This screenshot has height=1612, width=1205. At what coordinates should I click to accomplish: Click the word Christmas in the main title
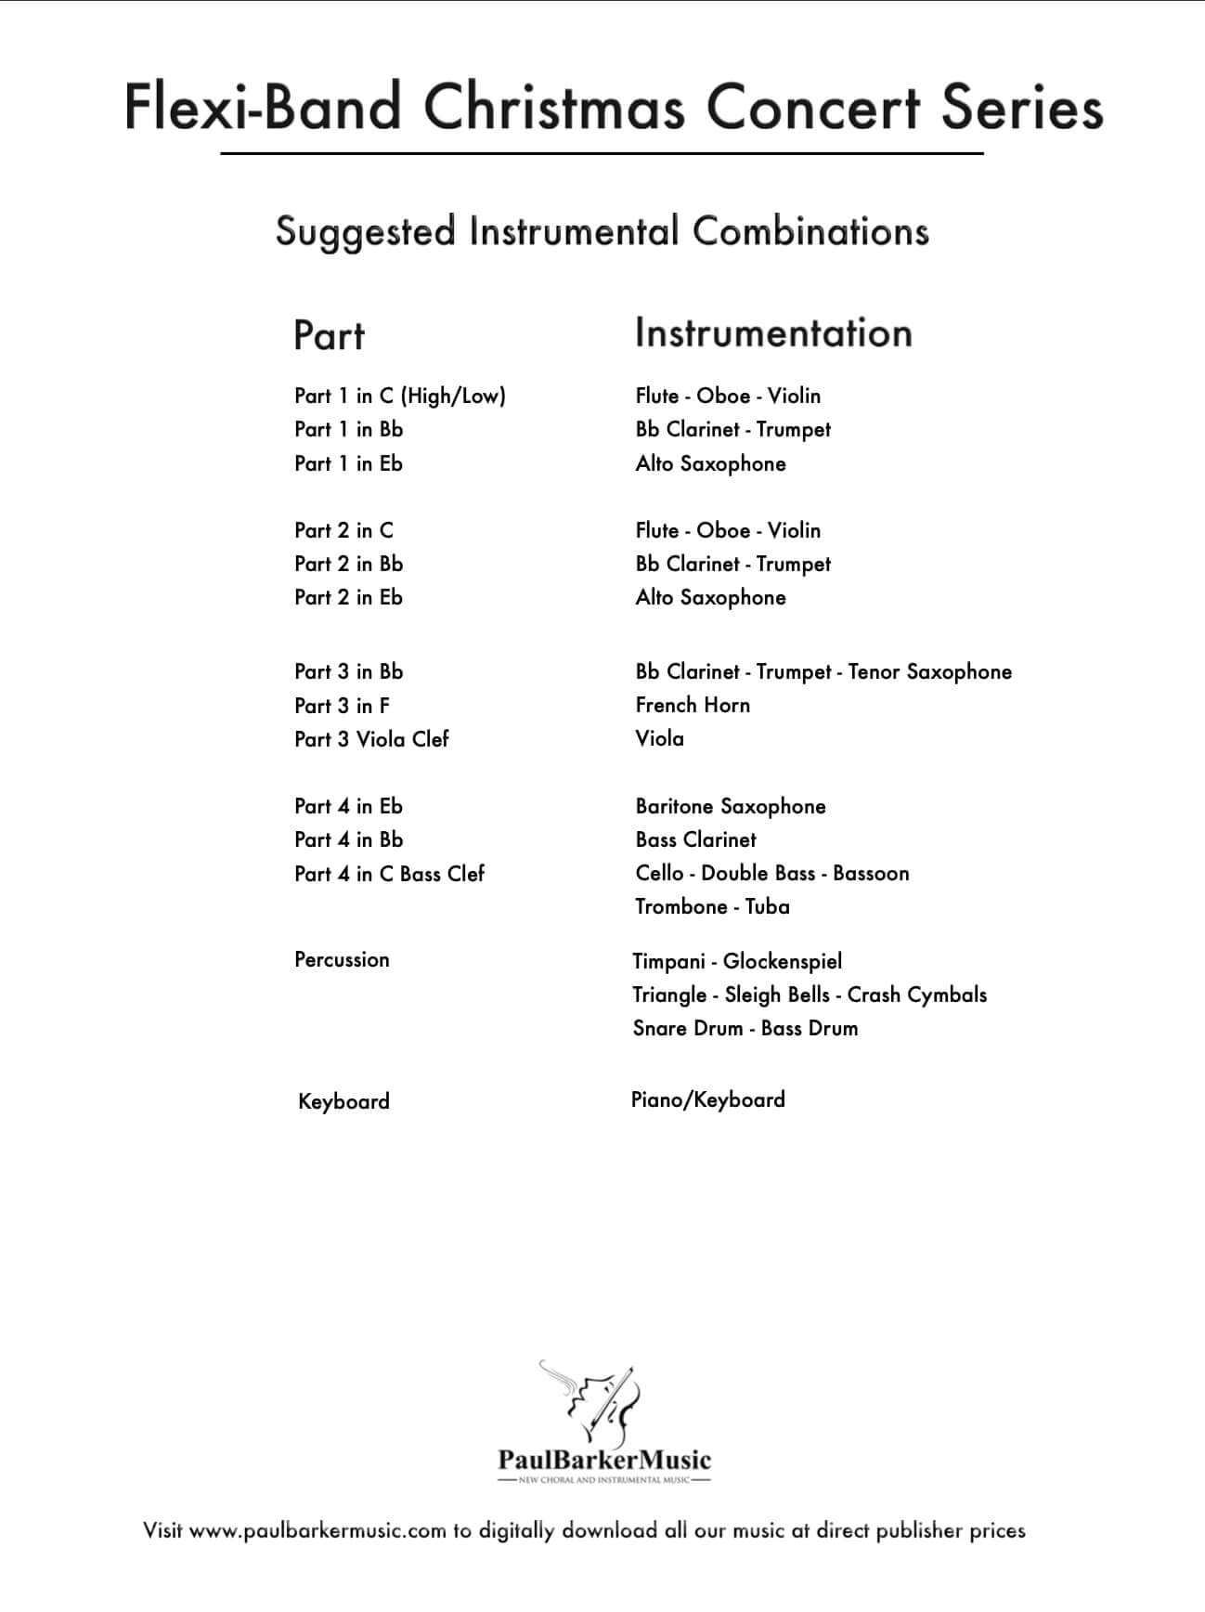point(555,108)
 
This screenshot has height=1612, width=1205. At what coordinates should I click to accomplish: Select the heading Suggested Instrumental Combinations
point(602,232)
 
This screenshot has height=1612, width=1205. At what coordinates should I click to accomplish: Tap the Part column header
point(329,335)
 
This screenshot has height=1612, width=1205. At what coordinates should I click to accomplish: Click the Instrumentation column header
point(773,333)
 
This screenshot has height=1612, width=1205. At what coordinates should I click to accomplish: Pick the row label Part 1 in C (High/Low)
point(399,396)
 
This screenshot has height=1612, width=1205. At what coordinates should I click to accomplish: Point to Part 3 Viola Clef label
point(371,739)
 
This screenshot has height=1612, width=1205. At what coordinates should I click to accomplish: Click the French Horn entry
point(693,706)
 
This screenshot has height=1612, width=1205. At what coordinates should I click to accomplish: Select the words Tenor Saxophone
point(929,672)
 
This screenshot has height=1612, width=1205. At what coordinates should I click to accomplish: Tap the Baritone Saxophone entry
point(731,806)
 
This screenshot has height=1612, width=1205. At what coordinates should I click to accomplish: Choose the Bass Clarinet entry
point(695,839)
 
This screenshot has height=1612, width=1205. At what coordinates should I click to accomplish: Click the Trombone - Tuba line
point(712,906)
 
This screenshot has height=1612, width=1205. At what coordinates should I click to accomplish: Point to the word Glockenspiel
point(783,961)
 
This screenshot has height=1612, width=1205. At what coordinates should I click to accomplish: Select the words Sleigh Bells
point(777,994)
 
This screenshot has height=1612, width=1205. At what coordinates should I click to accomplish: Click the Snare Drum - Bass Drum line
point(745,1028)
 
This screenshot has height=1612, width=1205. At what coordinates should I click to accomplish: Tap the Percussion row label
point(342,960)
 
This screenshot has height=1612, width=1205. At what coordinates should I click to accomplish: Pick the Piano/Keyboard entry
point(707,1099)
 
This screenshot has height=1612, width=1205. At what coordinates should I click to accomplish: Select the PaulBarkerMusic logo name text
point(604,1460)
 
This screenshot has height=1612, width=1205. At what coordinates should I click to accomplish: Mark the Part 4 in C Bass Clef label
point(389,874)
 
